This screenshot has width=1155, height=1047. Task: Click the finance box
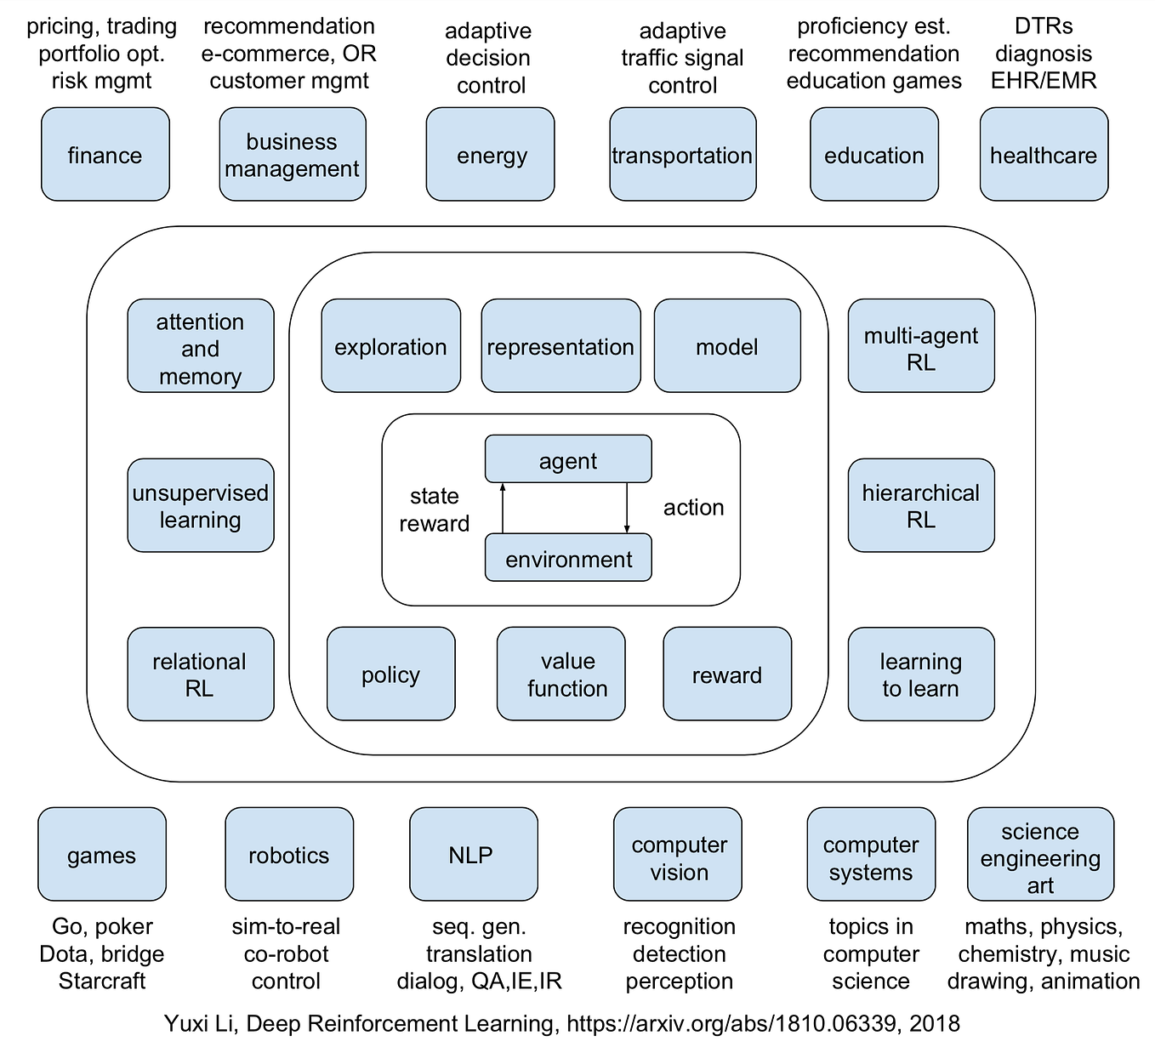tap(105, 154)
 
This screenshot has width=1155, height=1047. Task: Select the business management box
tap(293, 154)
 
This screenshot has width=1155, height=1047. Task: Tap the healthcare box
tap(1044, 154)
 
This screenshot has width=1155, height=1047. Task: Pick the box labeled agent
tap(568, 458)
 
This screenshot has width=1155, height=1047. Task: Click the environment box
tap(568, 557)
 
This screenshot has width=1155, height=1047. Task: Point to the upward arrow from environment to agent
tap(503, 508)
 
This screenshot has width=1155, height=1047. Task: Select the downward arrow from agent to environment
tap(627, 508)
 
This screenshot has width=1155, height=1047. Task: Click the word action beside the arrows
tap(693, 508)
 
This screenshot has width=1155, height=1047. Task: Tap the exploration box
tap(391, 345)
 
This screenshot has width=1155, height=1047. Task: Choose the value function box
tap(560, 674)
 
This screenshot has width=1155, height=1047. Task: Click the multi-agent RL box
tap(921, 345)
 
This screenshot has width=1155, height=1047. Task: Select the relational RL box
tap(201, 674)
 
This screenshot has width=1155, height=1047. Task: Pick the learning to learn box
tap(921, 674)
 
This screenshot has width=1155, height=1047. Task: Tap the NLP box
tap(474, 854)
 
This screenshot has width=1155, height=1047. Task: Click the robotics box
tap(289, 854)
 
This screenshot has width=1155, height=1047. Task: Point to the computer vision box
tap(678, 854)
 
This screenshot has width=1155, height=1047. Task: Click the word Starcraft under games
tap(102, 981)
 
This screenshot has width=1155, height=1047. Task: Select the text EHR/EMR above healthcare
tap(1044, 81)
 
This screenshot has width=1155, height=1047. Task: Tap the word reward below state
tap(434, 524)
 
